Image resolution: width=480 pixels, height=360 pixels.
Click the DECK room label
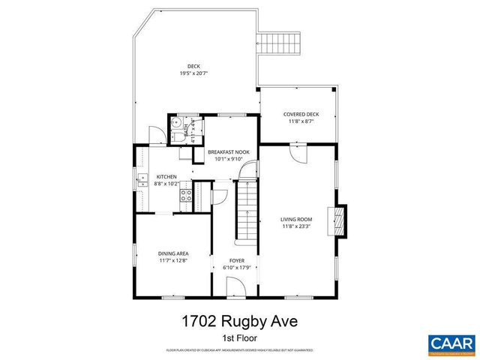click(193, 66)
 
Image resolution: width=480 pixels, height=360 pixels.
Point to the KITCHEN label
click(166, 176)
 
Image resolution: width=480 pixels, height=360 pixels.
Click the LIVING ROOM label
click(297, 219)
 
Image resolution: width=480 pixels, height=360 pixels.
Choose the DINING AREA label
click(172, 253)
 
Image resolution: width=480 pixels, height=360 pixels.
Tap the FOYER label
click(237, 260)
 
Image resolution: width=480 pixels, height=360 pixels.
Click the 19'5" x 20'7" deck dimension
click(193, 73)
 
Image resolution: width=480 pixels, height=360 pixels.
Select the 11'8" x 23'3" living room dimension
click(297, 226)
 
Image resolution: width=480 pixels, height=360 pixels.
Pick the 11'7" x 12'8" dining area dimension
click(172, 261)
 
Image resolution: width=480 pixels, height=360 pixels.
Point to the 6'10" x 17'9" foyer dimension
click(237, 267)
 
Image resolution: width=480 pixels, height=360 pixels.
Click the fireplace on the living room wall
click(341, 222)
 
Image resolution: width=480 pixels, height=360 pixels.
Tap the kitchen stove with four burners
click(187, 197)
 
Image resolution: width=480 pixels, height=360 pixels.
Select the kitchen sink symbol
click(141, 179)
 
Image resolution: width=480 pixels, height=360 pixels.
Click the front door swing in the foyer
click(234, 286)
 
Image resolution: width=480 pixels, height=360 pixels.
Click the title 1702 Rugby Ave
click(239, 322)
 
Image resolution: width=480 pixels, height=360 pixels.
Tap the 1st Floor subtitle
click(239, 338)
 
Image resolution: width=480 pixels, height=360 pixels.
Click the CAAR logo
click(451, 343)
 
